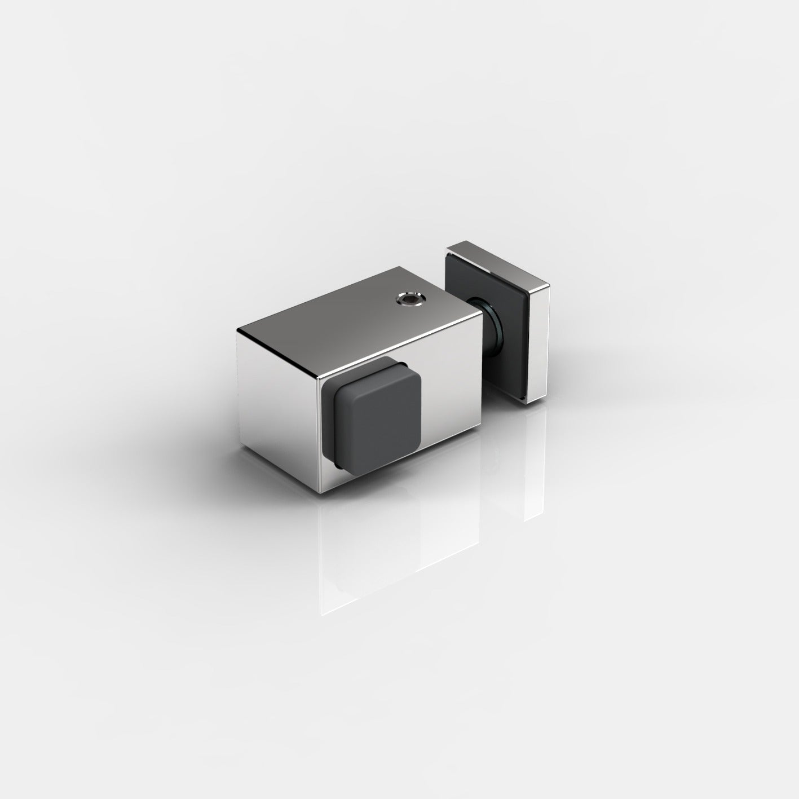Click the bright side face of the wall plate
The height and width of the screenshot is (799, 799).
pos(540,344)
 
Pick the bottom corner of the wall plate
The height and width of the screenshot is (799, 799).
pos(525,402)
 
